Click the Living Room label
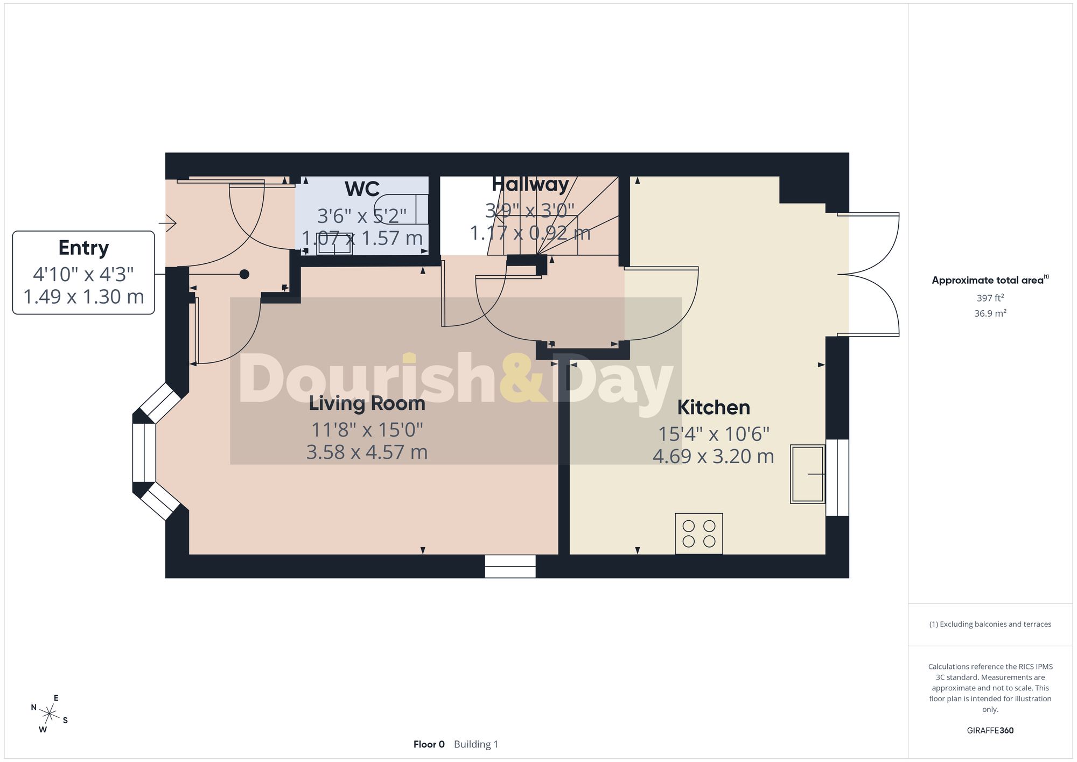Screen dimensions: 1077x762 [x=367, y=404]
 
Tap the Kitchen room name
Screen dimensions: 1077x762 [x=714, y=408]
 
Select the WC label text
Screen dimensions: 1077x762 [x=362, y=189]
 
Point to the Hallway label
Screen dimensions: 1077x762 [x=530, y=185]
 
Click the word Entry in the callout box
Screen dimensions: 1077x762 [x=83, y=248]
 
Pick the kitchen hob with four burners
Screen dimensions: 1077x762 [x=699, y=534]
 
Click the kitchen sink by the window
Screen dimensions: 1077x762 [x=807, y=474]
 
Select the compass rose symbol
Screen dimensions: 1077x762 [x=49, y=714]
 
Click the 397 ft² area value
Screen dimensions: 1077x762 [x=990, y=298]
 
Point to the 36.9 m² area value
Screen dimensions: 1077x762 [x=990, y=313]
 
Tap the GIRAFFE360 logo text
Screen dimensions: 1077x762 [x=990, y=730]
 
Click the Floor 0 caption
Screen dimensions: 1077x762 [x=429, y=744]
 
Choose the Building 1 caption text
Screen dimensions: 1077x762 [x=476, y=744]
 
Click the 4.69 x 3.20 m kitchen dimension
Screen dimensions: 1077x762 [x=714, y=456]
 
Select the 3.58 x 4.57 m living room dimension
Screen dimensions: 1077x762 [x=367, y=452]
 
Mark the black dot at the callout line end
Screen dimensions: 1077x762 [x=244, y=274]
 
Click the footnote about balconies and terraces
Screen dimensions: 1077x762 [x=990, y=624]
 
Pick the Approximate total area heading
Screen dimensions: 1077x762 [x=990, y=280]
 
